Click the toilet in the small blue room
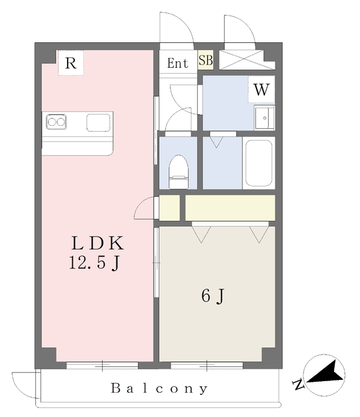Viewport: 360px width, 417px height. coord(178,172)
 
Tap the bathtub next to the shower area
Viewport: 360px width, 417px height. coord(259,163)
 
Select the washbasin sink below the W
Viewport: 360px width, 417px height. coord(264,117)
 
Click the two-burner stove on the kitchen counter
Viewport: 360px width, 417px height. coord(57,122)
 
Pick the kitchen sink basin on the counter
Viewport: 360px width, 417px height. coord(98,122)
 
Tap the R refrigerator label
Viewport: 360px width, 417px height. coord(71,63)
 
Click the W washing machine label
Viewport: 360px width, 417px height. coord(262,89)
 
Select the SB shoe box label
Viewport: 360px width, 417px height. coord(206,60)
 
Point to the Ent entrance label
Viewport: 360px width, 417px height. coord(178,63)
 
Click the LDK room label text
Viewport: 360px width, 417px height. coord(98,243)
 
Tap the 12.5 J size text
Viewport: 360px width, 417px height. coord(94,263)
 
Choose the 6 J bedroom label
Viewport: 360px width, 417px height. coord(213,296)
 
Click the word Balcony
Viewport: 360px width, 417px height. coord(159,388)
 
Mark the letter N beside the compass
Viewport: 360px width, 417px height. coord(298,384)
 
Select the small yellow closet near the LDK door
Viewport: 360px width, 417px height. coord(169,208)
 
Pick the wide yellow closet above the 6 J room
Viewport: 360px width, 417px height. coord(230,208)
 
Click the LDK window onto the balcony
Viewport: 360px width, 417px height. coord(102,365)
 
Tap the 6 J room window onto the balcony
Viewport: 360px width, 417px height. coord(207,365)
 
